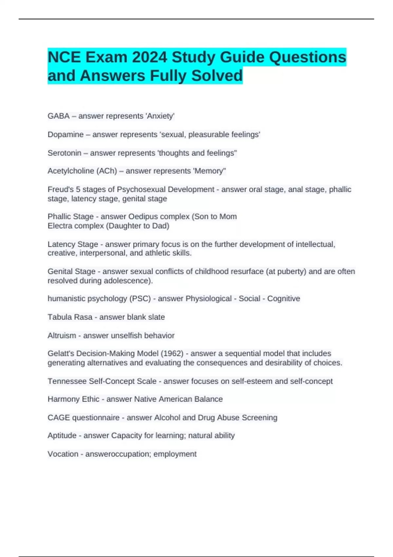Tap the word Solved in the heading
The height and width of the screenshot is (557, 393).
(217, 76)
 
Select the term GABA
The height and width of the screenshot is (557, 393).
(59, 116)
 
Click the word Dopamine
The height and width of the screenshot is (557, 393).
(65, 135)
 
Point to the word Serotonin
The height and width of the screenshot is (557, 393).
(65, 153)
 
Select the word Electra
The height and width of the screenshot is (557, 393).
(60, 226)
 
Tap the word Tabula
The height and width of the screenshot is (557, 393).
(59, 317)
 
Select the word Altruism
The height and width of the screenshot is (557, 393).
(62, 336)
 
